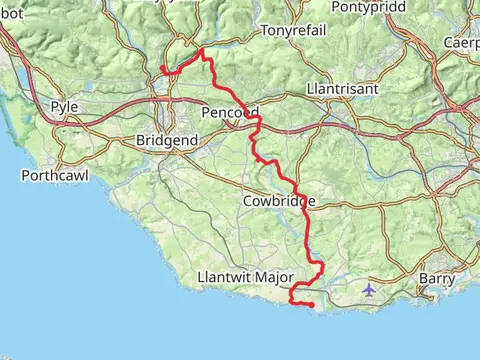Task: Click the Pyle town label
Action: coord(64,106)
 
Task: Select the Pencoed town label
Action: coord(231,112)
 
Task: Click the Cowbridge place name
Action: coord(279,202)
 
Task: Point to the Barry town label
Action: coord(436,279)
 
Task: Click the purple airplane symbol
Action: coord(370,290)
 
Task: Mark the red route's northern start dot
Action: coord(162,68)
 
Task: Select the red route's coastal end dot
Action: coord(311,304)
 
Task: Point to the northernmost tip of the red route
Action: coord(203,48)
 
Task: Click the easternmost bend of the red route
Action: coord(321,267)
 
